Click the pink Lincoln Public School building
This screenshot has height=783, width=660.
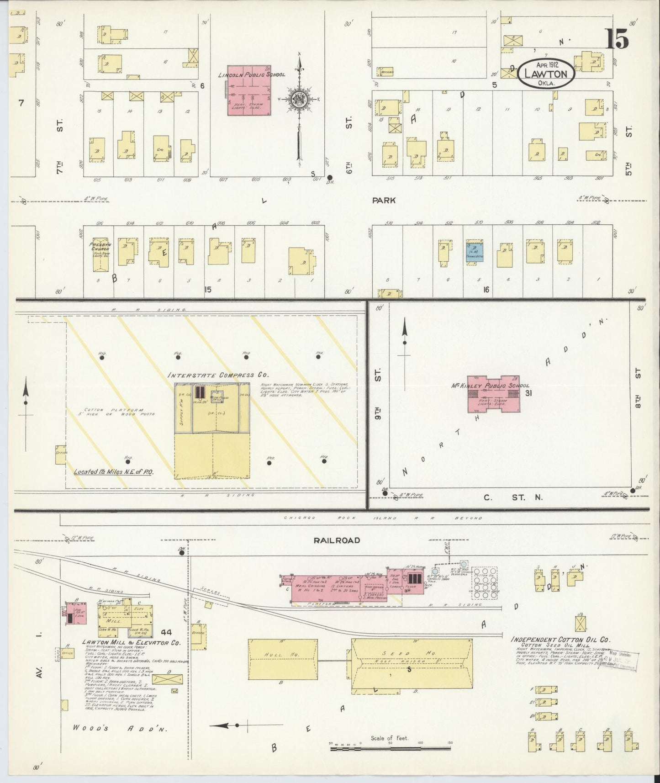pyautogui.click(x=249, y=90)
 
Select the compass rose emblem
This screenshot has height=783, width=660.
pyautogui.click(x=299, y=99)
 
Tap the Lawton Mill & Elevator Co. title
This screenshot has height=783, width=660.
pyautogui.click(x=131, y=642)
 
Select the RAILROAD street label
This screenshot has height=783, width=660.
pyautogui.click(x=337, y=540)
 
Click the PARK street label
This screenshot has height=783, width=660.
pyautogui.click(x=383, y=200)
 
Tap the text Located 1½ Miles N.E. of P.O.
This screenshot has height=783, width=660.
pyautogui.click(x=114, y=472)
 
